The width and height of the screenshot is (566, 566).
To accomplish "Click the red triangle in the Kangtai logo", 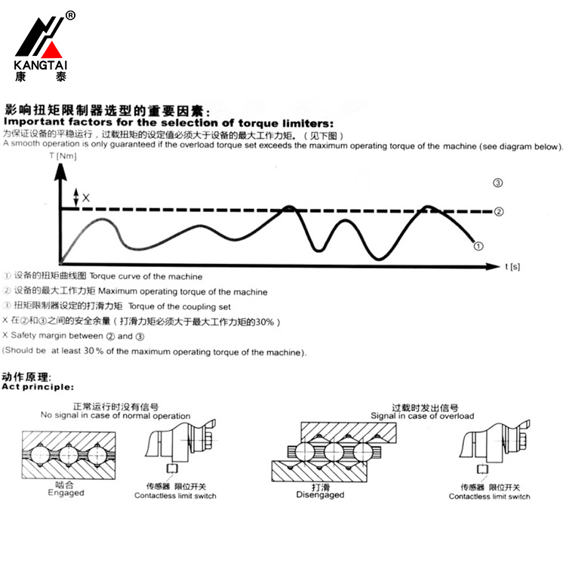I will pos(52,51).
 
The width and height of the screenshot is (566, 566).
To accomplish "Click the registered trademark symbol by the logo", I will pos(70,15).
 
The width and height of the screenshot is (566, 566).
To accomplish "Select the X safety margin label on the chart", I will pos(86,198).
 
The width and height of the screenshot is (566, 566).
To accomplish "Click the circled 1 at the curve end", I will pos(478,245).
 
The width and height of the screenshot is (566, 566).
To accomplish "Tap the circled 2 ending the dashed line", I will pos(498,211).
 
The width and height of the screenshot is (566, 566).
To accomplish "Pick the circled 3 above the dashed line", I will pos(497,183).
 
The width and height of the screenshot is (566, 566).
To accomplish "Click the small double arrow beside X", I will pos(75,198).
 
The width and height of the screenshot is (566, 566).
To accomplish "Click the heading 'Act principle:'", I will pos(37,386).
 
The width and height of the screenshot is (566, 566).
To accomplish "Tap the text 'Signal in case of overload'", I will pos(422,416).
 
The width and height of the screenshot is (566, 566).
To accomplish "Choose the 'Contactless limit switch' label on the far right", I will pos(489,496).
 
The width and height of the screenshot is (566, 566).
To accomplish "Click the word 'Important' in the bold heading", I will pos(33,122).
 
